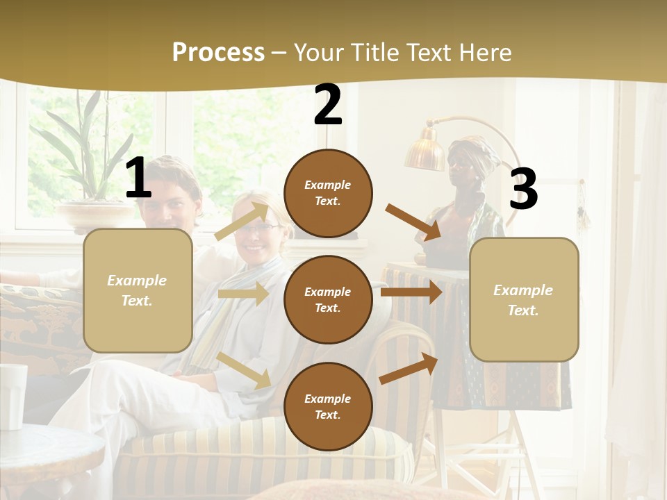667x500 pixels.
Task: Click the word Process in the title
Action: pyautogui.click(x=218, y=52)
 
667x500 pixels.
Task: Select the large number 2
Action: pyautogui.click(x=328, y=106)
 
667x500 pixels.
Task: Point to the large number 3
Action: pyautogui.click(x=523, y=190)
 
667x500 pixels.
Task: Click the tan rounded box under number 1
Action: pyautogui.click(x=138, y=290)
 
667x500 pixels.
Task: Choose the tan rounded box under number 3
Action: pyautogui.click(x=524, y=299)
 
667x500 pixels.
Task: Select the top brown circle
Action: pyautogui.click(x=328, y=193)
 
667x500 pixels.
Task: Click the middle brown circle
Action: pyautogui.click(x=328, y=299)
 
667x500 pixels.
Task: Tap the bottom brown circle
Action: pyautogui.click(x=328, y=406)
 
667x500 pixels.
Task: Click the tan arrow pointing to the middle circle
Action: pyautogui.click(x=243, y=294)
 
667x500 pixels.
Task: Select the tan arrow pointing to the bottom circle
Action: pyautogui.click(x=244, y=369)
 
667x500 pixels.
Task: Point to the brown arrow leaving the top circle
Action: pyautogui.click(x=414, y=222)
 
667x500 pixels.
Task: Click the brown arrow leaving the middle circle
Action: pyautogui.click(x=411, y=292)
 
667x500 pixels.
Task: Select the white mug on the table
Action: pyautogui.click(x=13, y=396)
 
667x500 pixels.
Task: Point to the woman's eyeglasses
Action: pyautogui.click(x=261, y=228)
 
